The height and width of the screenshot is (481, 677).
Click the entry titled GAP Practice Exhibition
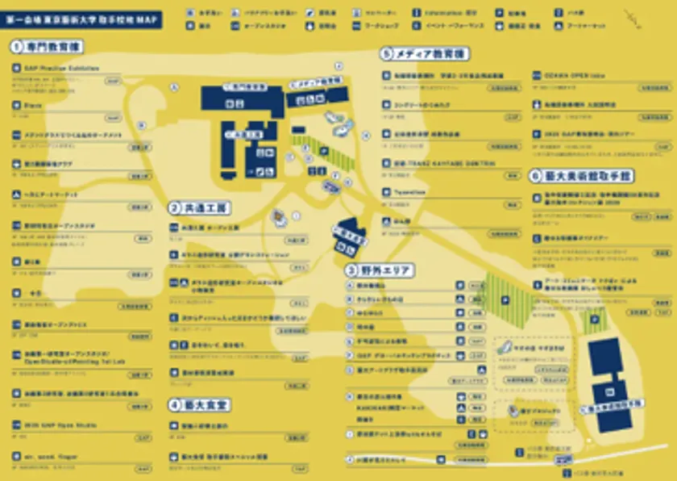coord(60,69)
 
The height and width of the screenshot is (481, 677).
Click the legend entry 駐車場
coord(517,14)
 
